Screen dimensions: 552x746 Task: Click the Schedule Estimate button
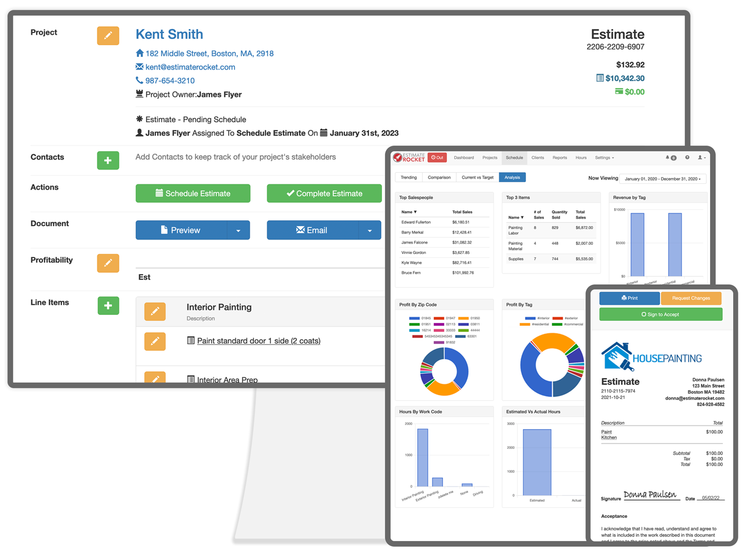(193, 194)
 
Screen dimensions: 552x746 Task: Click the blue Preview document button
(181, 230)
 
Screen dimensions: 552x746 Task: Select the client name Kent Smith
(169, 34)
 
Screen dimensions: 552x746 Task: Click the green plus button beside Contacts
(108, 160)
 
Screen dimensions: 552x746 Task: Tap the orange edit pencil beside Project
(108, 35)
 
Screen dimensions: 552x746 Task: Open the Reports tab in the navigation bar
(559, 158)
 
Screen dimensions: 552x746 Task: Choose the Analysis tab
(512, 177)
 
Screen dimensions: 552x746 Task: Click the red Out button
(437, 158)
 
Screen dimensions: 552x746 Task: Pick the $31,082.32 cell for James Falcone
(462, 242)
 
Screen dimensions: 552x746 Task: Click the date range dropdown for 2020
(663, 179)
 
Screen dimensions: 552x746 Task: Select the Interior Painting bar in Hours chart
(423, 457)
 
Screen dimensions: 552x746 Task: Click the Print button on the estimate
(629, 298)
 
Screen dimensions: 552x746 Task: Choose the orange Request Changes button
(692, 298)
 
